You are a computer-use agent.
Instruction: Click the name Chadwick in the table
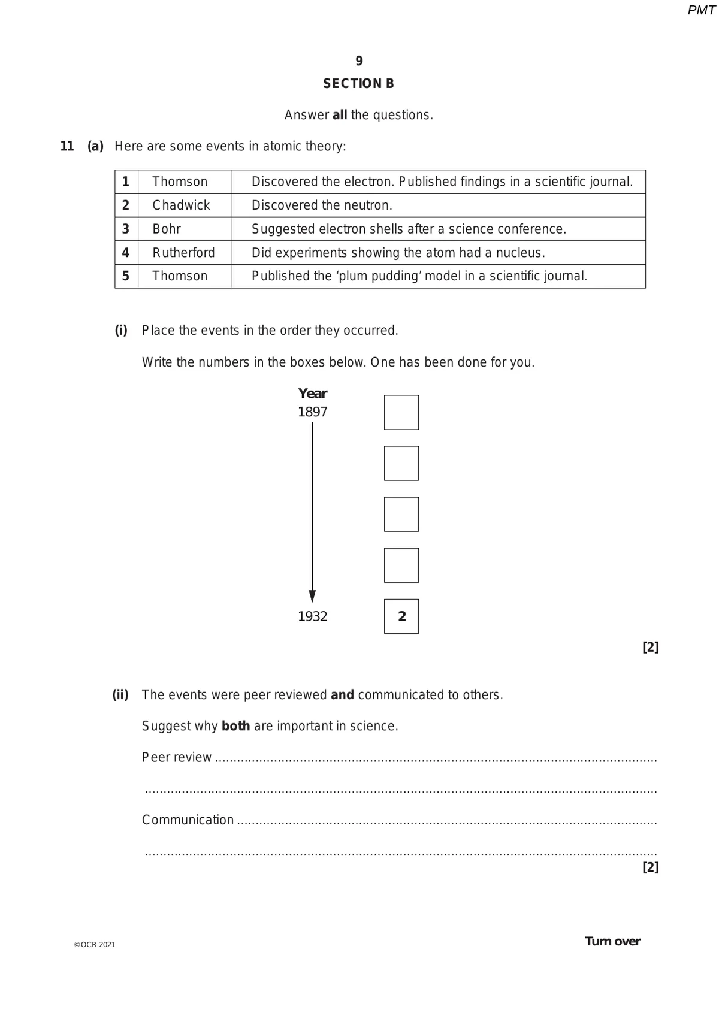(181, 205)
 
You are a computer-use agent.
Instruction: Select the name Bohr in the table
(167, 229)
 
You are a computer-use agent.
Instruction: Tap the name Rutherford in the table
(183, 253)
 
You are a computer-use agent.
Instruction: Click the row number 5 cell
(126, 276)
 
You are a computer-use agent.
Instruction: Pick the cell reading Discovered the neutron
(322, 205)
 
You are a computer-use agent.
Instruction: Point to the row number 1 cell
(126, 182)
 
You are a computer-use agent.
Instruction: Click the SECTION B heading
(359, 84)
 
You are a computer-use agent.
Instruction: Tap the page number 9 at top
(359, 61)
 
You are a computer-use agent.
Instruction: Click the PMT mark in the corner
(701, 10)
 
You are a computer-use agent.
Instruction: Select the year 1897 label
(313, 412)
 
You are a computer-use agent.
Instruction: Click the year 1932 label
(313, 616)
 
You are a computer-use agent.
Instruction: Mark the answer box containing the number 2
(401, 616)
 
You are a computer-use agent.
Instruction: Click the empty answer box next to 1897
(401, 412)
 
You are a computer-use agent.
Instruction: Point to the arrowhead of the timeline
(312, 596)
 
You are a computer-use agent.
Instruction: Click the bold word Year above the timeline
(313, 394)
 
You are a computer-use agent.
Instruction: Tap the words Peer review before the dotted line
(177, 758)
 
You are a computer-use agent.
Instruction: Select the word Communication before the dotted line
(188, 820)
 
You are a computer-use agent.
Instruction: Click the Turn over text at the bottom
(612, 941)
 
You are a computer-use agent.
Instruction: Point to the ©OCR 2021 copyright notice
(95, 945)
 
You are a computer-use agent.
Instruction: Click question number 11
(67, 146)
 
